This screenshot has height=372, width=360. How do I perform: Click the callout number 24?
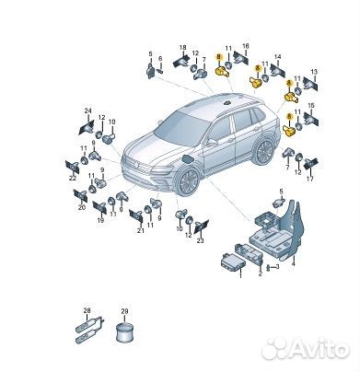(x=88, y=111)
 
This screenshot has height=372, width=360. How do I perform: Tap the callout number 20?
(x=81, y=208)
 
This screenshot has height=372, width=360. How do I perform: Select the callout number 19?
(x=100, y=222)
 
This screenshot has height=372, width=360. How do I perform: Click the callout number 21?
(x=141, y=230)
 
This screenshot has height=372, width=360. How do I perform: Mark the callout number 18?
(x=182, y=47)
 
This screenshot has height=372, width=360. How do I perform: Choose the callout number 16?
(x=245, y=45)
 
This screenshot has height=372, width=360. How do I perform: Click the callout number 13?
(x=314, y=71)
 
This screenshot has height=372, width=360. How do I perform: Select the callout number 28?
(x=87, y=309)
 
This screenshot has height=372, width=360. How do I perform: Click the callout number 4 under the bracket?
(x=293, y=262)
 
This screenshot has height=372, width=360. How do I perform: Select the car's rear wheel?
(x=263, y=152)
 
